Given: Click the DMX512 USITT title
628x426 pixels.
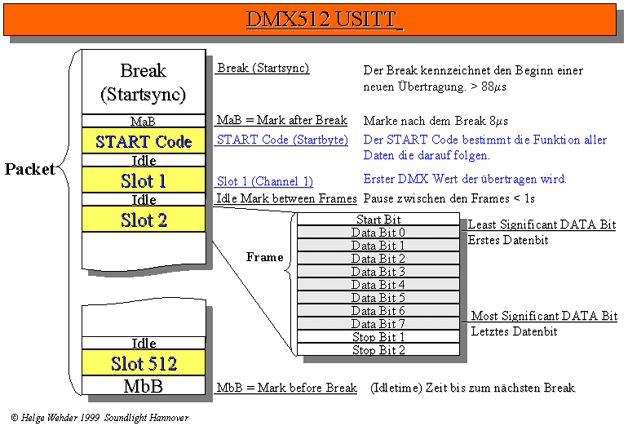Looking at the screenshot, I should pos(325,20).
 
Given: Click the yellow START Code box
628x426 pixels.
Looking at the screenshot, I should pos(144,141).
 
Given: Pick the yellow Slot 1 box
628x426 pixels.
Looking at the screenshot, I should pos(144,180).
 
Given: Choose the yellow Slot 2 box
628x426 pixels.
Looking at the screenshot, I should pos(144,219).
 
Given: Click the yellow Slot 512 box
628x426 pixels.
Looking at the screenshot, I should pos(144,362).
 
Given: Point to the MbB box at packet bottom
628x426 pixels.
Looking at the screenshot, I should pos(144,384).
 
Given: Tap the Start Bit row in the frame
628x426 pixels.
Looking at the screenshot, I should pos(378,220).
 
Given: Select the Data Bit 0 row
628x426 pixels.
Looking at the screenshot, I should pos(378,233).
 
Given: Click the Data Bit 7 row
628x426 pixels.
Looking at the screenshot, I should pos(378,324).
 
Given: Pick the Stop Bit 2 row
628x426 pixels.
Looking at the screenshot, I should pos(378,350).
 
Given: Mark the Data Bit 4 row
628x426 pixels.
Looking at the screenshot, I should pos(378,285).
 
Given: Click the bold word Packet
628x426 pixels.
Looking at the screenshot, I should pos(29,170).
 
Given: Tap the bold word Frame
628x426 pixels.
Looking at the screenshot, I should pos(264,257).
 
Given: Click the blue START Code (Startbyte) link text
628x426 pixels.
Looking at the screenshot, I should pos(282,140).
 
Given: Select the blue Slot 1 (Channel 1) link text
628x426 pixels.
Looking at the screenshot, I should pos(265,181).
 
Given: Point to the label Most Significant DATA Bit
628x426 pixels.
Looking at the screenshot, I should pos(544,316).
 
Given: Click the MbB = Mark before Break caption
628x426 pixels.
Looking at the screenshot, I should pos(286,388).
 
